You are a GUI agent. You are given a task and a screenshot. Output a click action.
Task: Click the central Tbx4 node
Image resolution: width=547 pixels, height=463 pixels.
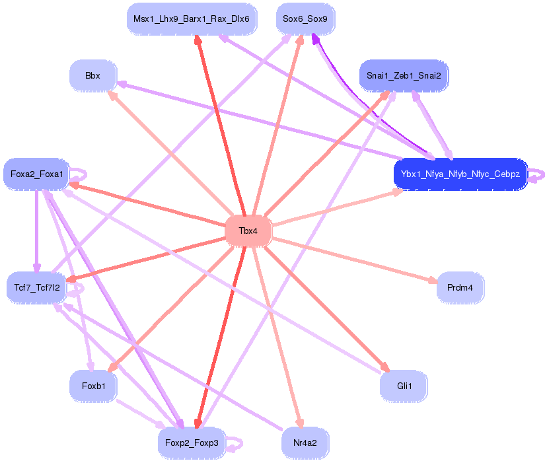(248, 231)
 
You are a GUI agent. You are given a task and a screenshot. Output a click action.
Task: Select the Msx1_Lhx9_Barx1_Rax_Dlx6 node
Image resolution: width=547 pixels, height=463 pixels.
(192, 18)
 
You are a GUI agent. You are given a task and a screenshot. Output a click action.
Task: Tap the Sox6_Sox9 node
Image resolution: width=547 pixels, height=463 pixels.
(305, 18)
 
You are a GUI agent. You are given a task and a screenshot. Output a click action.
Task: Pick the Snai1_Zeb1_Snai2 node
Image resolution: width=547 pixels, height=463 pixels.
(404, 76)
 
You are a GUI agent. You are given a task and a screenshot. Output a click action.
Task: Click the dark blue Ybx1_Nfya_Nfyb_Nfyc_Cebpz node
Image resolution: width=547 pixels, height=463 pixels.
(460, 175)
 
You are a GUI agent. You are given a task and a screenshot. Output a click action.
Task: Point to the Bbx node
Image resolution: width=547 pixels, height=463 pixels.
(92, 76)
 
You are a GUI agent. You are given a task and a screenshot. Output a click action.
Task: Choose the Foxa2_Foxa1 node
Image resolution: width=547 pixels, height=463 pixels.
(36, 174)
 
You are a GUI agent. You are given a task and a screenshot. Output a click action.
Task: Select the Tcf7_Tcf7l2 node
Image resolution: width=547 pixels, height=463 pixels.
(36, 287)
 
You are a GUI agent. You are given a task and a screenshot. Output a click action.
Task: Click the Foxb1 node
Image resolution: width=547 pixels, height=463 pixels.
(92, 385)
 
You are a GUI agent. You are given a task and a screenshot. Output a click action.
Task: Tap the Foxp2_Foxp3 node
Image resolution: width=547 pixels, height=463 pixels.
(192, 442)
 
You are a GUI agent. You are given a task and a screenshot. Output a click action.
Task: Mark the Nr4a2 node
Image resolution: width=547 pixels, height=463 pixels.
(305, 442)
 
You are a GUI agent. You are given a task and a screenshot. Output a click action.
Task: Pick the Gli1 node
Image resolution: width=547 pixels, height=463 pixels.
(404, 385)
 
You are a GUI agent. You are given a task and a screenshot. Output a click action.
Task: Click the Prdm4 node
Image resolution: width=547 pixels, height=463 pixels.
(460, 287)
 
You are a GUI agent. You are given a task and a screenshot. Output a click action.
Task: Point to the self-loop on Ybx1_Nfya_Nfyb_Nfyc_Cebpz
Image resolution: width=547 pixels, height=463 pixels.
(538, 175)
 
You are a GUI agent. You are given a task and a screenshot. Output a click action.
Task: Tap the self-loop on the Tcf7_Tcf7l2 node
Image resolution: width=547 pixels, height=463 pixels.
(79, 289)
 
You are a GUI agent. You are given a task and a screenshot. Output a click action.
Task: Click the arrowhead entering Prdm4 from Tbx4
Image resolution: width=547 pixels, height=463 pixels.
(433, 281)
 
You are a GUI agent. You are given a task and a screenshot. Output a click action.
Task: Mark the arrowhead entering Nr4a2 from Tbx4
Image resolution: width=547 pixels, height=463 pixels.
(299, 425)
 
